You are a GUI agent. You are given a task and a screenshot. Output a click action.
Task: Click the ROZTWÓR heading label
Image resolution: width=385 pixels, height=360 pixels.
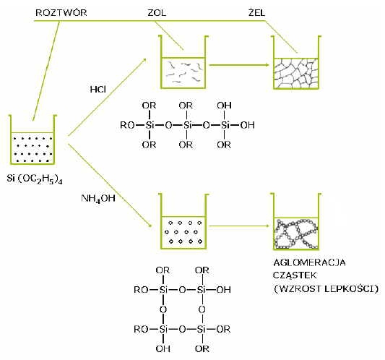[61, 13]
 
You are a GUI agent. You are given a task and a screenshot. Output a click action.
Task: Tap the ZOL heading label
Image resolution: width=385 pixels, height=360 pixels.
[157, 13]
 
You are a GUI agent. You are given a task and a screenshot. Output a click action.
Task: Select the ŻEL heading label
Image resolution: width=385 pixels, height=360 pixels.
[256, 12]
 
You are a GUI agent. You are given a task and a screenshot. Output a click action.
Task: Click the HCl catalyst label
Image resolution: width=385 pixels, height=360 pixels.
[98, 90]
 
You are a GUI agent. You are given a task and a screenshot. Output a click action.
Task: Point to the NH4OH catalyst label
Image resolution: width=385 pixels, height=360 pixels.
[98, 199]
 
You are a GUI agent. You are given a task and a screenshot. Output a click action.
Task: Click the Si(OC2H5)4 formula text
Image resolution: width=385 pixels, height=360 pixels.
[35, 179]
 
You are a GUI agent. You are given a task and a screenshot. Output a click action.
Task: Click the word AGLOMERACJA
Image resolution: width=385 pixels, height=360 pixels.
[309, 262]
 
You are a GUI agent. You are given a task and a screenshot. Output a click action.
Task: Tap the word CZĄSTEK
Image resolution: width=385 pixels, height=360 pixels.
[295, 275]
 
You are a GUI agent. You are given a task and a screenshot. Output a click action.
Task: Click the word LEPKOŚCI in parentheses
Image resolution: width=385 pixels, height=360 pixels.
[351, 288]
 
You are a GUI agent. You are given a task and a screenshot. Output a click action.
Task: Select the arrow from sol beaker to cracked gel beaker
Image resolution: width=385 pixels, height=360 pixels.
[239, 65]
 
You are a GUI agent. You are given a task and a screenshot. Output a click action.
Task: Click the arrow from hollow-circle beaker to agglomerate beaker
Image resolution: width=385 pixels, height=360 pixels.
[239, 226]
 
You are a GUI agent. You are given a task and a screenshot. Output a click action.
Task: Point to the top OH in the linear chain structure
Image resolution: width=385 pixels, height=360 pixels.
[224, 106]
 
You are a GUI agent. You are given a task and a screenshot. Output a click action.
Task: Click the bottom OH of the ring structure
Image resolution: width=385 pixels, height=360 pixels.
[163, 348]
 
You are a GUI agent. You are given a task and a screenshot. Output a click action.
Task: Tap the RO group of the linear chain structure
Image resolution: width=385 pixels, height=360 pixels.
[127, 125]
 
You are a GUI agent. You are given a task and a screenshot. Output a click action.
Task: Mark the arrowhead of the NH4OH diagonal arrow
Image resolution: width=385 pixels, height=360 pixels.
[150, 225]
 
